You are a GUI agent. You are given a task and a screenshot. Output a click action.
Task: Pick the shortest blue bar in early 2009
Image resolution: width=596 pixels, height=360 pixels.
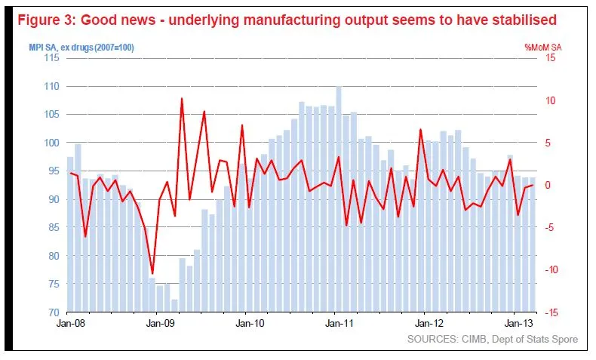click(174, 305)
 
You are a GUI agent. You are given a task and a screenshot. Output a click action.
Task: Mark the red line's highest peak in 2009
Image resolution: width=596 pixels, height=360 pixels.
click(182, 98)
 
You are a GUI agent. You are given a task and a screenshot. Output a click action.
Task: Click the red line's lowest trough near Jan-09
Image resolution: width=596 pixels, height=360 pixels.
click(152, 274)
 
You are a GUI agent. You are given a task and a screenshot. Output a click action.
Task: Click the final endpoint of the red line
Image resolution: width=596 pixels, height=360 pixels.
click(533, 185)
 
